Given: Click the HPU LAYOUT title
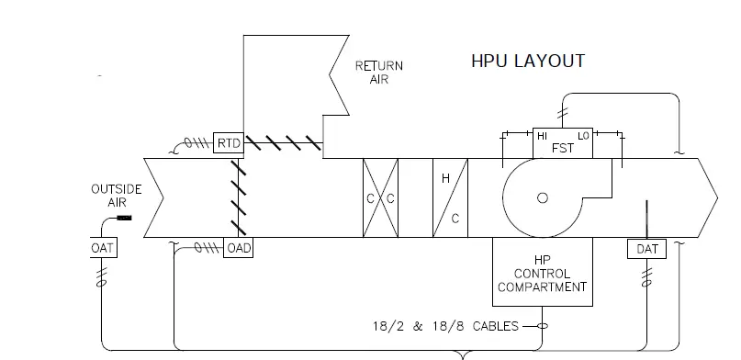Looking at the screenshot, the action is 528,61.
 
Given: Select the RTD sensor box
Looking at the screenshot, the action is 229,143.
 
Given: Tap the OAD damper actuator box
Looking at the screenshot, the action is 238,248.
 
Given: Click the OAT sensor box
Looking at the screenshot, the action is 104,248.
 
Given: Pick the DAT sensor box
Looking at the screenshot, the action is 646,249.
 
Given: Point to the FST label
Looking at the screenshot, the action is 562,149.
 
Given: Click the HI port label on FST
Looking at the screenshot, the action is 542,136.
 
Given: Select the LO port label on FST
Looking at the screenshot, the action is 583,136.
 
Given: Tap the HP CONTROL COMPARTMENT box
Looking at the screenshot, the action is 543,272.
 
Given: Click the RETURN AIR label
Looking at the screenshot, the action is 379,73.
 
